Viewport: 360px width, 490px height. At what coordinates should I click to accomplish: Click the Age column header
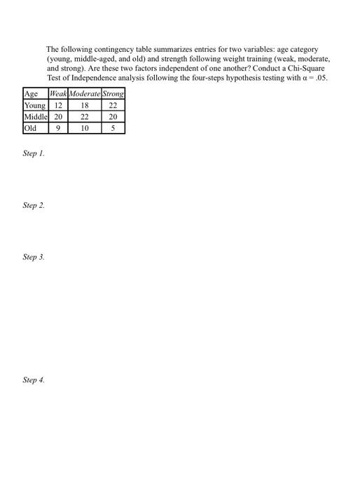click(31, 94)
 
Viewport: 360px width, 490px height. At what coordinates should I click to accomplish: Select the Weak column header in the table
click(58, 94)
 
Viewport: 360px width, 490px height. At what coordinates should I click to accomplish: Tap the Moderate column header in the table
click(85, 94)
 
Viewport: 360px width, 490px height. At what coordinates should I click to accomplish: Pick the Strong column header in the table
click(113, 94)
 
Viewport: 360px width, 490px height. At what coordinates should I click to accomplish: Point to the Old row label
click(31, 128)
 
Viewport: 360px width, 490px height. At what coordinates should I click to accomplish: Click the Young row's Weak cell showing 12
click(58, 105)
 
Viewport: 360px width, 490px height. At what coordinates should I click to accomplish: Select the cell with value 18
click(85, 105)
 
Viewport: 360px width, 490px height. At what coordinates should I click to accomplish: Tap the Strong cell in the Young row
click(113, 105)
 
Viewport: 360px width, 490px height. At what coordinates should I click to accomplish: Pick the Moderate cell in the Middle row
click(85, 116)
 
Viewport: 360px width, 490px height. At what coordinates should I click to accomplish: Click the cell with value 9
click(58, 128)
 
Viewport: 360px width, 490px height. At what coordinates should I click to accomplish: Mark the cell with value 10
click(85, 128)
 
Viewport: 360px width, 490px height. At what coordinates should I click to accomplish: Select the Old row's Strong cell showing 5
click(113, 128)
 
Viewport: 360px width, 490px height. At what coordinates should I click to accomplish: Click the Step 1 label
click(34, 153)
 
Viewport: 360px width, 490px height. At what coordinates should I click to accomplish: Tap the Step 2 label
click(34, 205)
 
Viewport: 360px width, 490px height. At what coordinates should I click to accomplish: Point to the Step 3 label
click(34, 258)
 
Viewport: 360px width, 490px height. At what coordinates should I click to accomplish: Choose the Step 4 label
click(34, 380)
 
